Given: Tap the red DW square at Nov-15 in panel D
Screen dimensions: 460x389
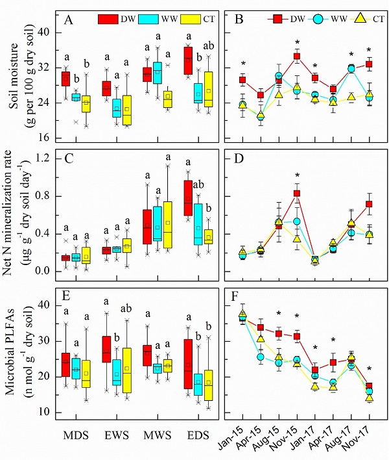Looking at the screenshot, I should [x=297, y=194].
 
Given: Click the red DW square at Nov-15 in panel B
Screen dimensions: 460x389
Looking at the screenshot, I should [x=297, y=57].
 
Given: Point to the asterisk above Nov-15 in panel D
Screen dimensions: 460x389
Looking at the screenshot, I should [x=297, y=175].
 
